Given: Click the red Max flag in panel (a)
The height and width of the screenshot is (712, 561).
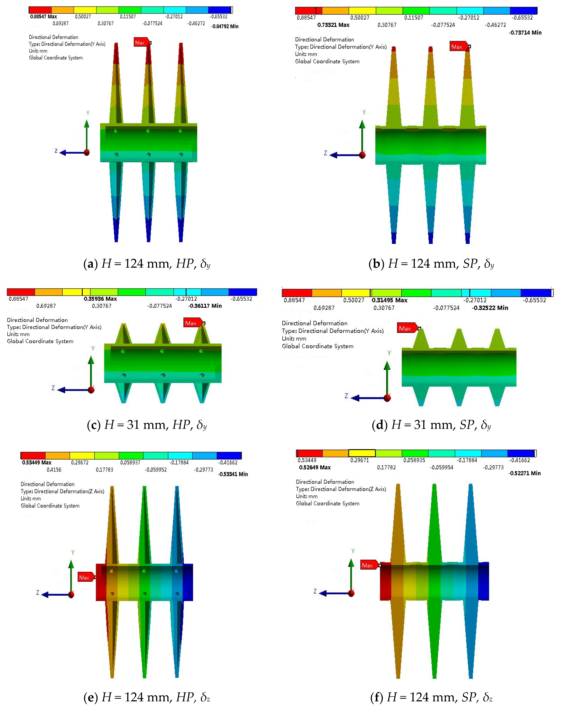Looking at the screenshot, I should point(141,42).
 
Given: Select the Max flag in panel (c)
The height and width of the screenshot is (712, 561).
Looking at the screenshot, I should point(192,323).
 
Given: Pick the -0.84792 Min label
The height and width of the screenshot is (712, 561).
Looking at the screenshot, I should point(225,26).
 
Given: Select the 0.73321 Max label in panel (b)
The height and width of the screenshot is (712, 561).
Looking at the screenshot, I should point(333,25).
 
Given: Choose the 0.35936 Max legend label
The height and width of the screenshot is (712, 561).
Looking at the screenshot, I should point(100,299).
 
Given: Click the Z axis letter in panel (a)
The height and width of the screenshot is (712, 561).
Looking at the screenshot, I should point(56,151).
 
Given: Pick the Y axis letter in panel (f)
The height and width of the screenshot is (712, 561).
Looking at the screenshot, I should point(353,551).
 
